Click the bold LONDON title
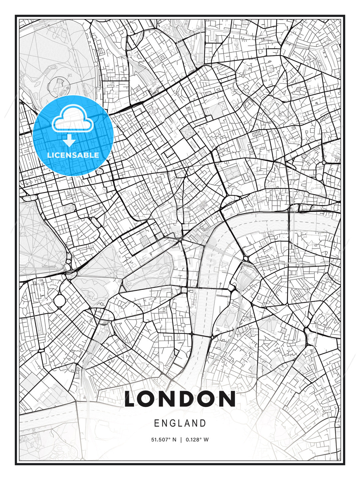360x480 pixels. coord(180,399)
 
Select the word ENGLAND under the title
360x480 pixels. coord(180,423)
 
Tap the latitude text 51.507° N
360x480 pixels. coord(163,440)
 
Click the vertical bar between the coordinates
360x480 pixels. coord(180,440)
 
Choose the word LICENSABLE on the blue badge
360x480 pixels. coord(73,155)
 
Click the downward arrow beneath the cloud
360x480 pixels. coord(70,141)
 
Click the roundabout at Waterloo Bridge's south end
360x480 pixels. coord(246,259)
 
